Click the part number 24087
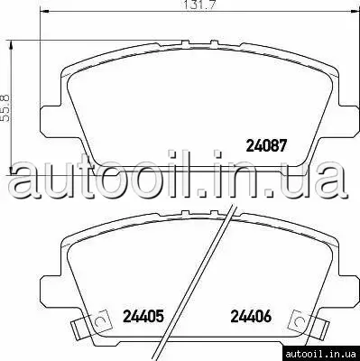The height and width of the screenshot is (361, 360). pos(265,146)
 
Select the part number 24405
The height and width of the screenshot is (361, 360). pos(143,316)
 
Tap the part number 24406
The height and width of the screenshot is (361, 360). pos(251,316)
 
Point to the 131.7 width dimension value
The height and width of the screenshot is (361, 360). pos(200,5)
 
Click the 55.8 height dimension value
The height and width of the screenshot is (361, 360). pos(5,108)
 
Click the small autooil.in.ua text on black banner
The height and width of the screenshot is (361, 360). pos(320,354)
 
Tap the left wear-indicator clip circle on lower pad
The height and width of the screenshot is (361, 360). pos(99,321)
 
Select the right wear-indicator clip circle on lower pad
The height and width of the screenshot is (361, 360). pos(300,321)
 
